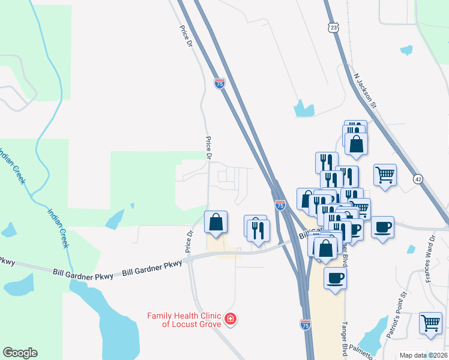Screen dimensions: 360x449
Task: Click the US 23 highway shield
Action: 333,27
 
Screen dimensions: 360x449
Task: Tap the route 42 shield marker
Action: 418,179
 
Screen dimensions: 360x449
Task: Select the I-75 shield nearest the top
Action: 220,84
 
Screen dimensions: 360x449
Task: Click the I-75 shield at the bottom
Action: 306,324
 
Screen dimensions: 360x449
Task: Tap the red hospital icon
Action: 230,319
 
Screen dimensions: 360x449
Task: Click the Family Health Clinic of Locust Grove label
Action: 184,320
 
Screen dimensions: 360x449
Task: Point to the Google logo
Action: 20,352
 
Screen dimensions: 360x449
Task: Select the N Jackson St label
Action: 364,91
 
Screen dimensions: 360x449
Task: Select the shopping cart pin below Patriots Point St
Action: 430,323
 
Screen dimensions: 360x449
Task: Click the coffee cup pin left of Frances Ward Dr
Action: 382,227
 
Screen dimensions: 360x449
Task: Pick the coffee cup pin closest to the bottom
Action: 335,278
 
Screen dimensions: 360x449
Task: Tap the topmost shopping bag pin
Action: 357,144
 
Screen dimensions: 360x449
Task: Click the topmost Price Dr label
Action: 185,36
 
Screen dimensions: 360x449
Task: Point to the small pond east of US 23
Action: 406,50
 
